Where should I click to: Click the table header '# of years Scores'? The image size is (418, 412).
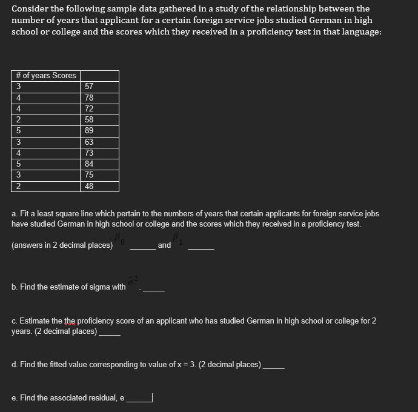(x=46, y=76)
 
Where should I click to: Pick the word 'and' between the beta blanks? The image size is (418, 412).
(x=164, y=245)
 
